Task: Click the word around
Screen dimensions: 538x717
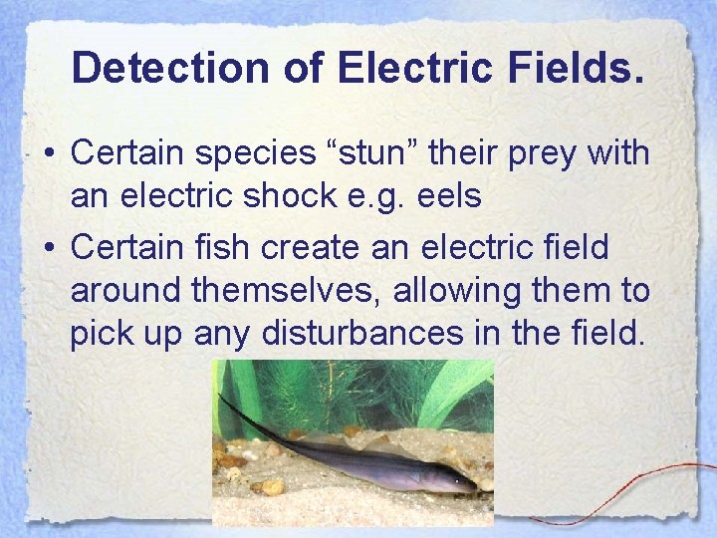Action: tap(126, 292)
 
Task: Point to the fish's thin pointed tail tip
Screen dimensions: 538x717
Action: tap(220, 395)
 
